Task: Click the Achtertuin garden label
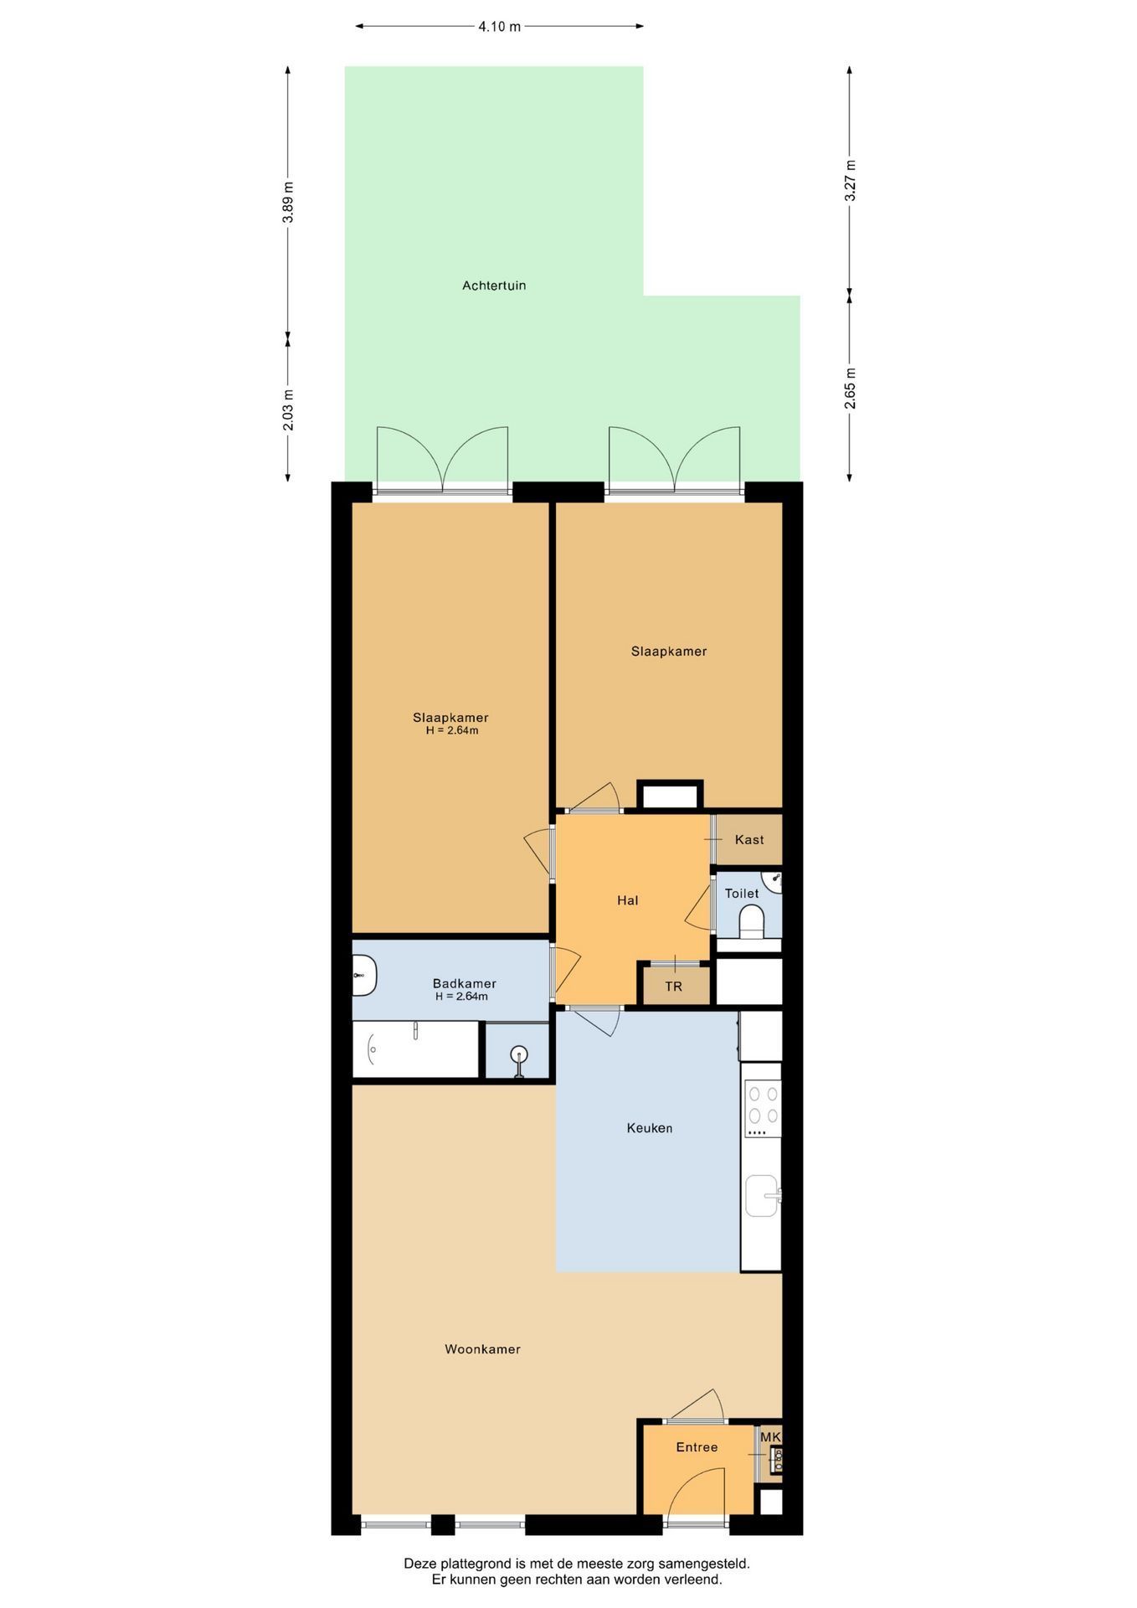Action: (494, 286)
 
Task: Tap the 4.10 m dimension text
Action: (500, 27)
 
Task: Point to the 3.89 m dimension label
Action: (288, 202)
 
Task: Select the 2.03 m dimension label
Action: (288, 410)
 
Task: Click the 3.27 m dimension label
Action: (850, 180)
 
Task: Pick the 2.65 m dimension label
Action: (850, 389)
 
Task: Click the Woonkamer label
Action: (482, 1349)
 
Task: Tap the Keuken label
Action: (650, 1128)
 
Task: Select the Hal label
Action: (628, 900)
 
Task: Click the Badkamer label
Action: (465, 983)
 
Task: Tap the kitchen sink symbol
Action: (763, 1195)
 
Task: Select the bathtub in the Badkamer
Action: (415, 1049)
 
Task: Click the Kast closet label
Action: (749, 840)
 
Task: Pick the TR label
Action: (674, 987)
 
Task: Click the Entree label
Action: (697, 1447)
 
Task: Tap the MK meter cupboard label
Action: (770, 1437)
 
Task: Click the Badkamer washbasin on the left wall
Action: (364, 976)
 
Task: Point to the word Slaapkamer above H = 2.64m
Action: (450, 718)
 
